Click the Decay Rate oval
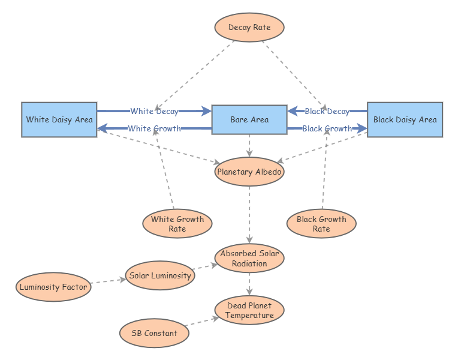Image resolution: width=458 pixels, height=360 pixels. coord(249,28)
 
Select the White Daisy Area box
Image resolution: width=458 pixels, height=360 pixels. coord(59,119)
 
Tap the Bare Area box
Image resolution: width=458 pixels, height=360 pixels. coord(249,119)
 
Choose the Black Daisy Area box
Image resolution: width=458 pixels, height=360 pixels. coord(405,119)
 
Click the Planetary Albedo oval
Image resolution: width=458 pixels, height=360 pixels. coord(249,172)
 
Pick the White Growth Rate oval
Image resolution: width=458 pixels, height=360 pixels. coord(177,224)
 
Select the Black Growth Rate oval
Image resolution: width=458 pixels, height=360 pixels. coord(321,224)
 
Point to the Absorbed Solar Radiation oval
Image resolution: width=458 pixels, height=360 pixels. coord(249,258)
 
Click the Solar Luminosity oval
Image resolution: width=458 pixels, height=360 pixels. coord(160,276)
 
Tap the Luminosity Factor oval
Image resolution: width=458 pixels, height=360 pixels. coord(53,287)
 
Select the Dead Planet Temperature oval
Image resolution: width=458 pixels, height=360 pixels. coord(249,310)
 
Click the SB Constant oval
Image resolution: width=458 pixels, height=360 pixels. coord(154,334)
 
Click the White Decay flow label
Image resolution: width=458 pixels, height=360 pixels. coord(154,111)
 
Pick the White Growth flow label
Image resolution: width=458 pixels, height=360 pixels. coord(154,128)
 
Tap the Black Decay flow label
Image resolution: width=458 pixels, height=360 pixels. coord(327,111)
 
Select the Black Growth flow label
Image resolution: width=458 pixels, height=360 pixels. coord(327,128)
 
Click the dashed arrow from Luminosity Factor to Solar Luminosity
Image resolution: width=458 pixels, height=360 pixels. coord(107,281)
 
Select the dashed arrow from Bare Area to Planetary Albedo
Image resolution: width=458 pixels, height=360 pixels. coord(249,146)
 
